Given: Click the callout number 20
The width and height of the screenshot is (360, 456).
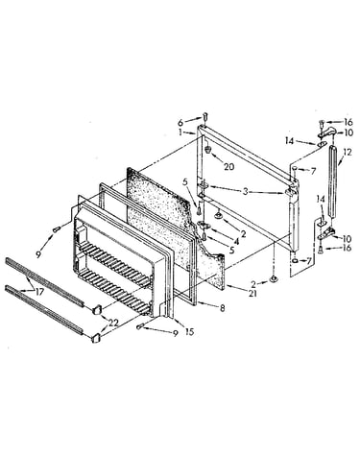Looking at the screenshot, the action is pos(228,166).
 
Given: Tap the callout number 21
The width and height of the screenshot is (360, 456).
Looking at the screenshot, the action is pos(252,293).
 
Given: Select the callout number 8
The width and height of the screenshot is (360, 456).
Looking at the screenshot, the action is pos(222,308).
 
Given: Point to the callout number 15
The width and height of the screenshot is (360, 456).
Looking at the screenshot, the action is pos(189,332).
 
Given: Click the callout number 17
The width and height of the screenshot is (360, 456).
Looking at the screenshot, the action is pos(39,291).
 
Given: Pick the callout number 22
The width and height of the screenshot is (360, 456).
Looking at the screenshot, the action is pos(113,324).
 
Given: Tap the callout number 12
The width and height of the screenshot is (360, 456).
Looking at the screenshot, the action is pos(348,152).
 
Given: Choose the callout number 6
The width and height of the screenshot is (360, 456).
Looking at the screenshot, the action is pos(181,122).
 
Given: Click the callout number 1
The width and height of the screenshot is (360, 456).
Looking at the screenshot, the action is pos(180,132).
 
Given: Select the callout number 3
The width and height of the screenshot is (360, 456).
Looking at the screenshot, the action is pos(245,192).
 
